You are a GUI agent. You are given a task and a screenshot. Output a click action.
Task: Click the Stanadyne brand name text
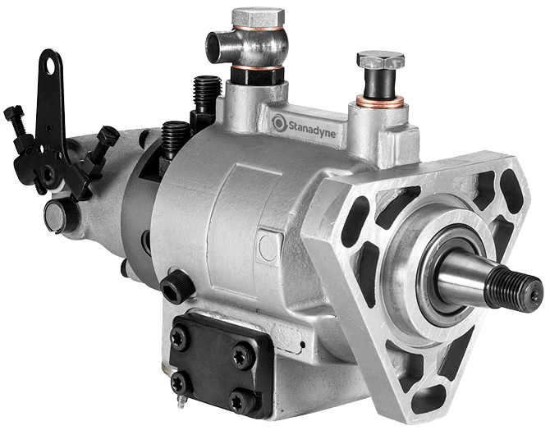point(312,128)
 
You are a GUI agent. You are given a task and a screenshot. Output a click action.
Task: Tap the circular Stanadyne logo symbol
point(279,122)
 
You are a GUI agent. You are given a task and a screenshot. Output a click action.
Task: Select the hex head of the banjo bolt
point(258,17)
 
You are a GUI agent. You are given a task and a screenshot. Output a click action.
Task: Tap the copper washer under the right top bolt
point(380,101)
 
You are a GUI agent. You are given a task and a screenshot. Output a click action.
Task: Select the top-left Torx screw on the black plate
point(180,338)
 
